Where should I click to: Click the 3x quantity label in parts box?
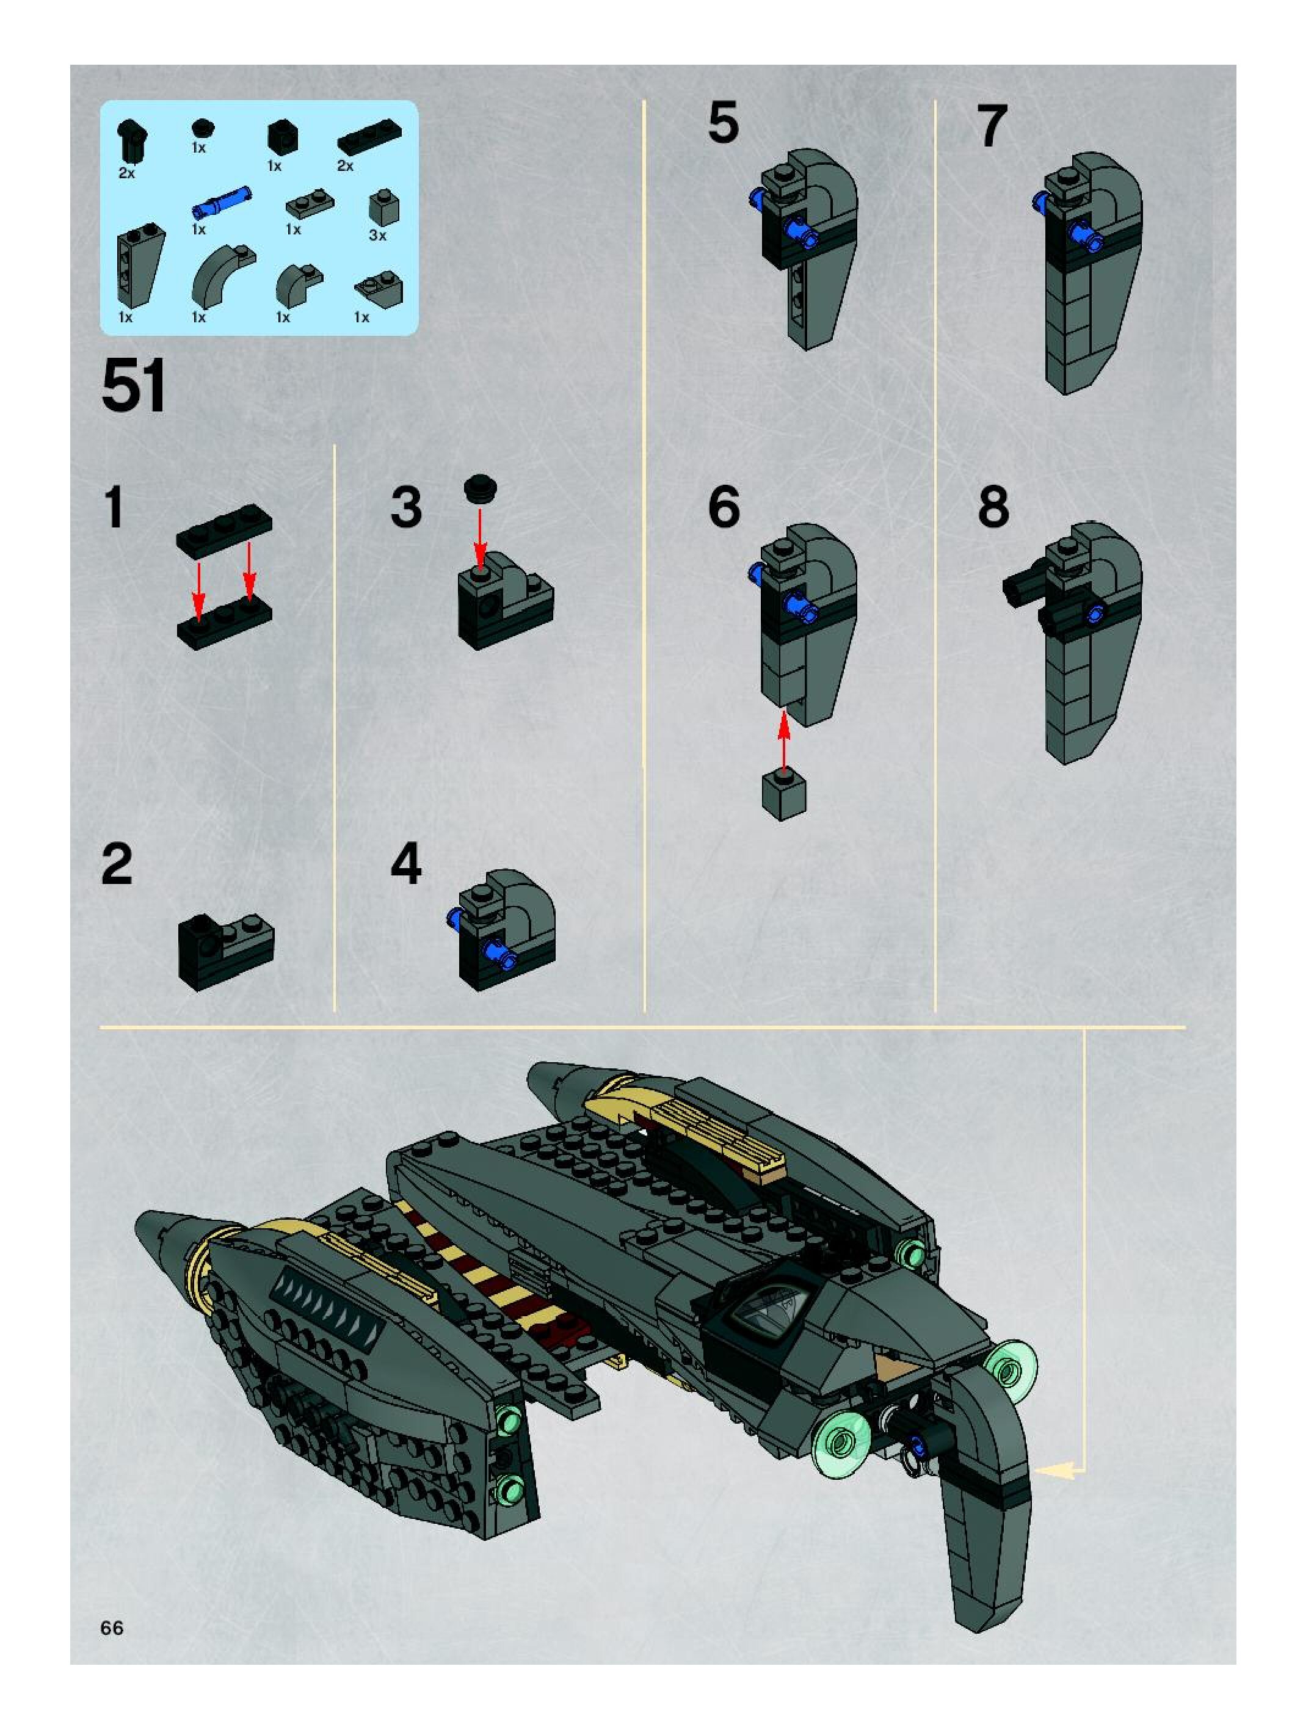[x=377, y=235]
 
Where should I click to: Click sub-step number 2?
[x=117, y=864]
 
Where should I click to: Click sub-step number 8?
[x=993, y=507]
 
